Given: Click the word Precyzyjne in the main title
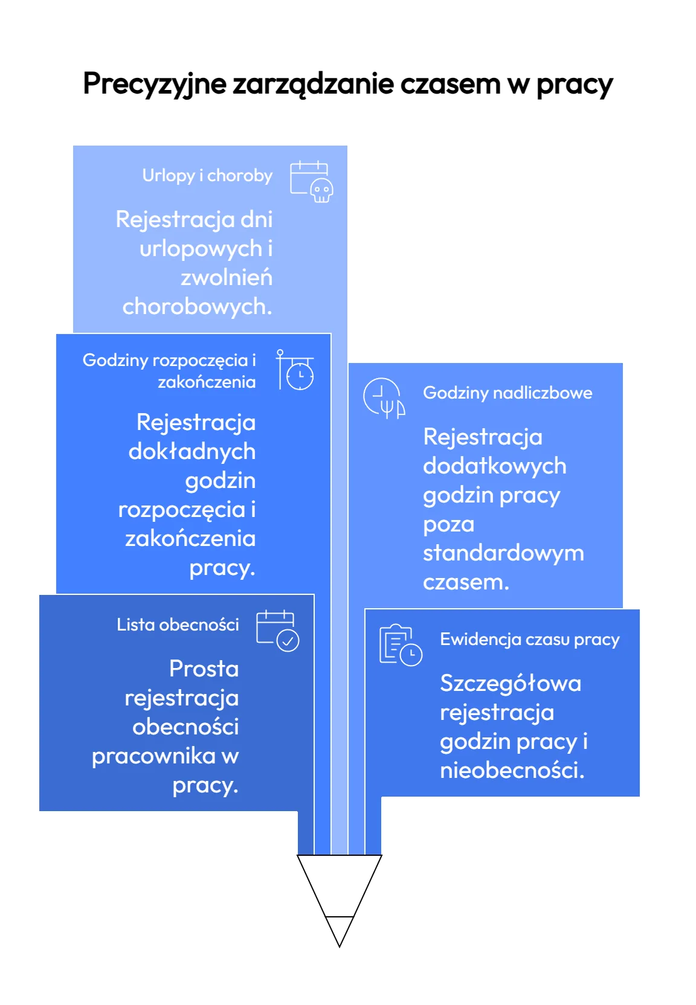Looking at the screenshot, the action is click(155, 84).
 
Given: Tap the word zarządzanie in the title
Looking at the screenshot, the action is click(313, 83).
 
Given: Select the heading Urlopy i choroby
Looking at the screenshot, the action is click(207, 175).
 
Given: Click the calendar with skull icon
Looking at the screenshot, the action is click(311, 182).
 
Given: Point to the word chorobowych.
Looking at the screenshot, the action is click(197, 307).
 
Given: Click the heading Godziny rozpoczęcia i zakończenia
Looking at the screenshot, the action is click(169, 371).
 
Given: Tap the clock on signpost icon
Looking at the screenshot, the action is click(295, 370).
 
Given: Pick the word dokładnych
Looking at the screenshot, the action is click(192, 451).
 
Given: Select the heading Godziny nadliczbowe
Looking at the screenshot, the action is click(507, 393).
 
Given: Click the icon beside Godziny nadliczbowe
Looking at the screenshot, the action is click(384, 398).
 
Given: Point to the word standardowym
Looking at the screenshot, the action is click(503, 553).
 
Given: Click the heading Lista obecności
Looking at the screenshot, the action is click(177, 625).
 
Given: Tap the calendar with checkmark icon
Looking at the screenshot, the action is click(277, 631).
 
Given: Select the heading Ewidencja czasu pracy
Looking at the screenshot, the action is click(529, 640).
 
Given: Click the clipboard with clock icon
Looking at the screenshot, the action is click(401, 644).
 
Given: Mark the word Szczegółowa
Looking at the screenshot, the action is click(511, 684).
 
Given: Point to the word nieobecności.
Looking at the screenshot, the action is click(512, 770).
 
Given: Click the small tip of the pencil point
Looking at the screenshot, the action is click(340, 946).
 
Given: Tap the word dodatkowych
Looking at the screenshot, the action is click(494, 466).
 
